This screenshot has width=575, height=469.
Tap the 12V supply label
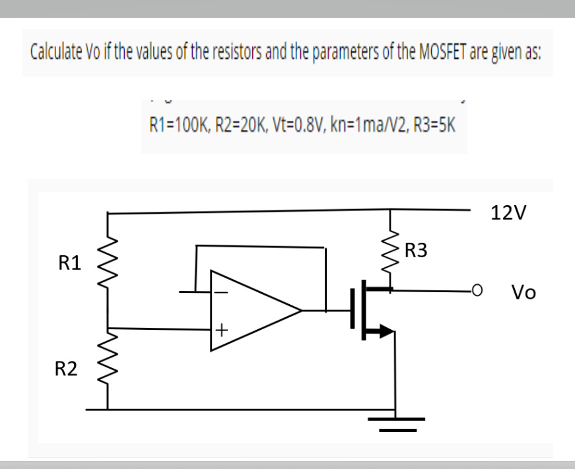point(509,214)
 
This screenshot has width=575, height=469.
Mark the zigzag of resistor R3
point(395,247)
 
